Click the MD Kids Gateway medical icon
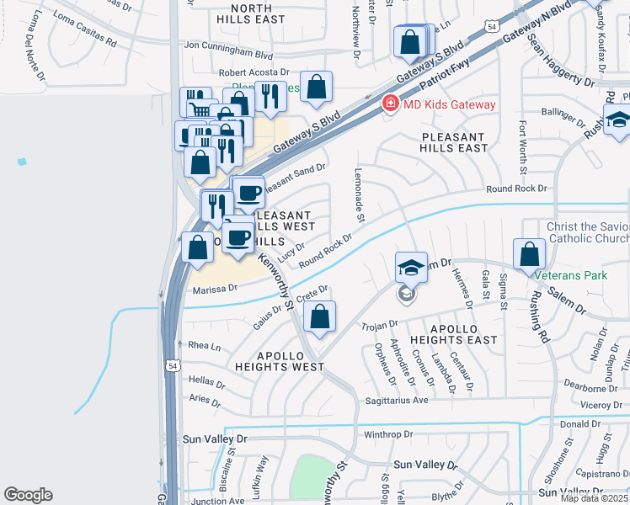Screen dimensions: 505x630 [x=390, y=104]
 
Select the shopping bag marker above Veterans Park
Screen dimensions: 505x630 [x=527, y=252]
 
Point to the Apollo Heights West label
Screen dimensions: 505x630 [x=279, y=361]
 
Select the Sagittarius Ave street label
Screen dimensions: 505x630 [x=396, y=401]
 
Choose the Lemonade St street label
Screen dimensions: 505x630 [x=359, y=205]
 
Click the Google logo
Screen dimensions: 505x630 [x=28, y=495]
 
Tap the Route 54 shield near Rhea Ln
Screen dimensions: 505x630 [x=172, y=366]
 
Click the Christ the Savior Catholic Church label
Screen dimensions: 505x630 [x=587, y=233]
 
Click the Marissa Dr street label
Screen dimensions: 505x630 [x=215, y=289]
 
